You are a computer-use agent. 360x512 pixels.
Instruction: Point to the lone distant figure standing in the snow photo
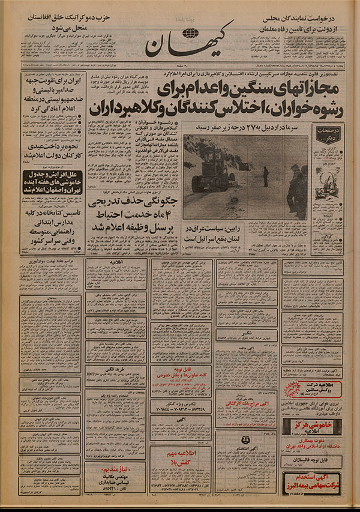coord(264,176)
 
